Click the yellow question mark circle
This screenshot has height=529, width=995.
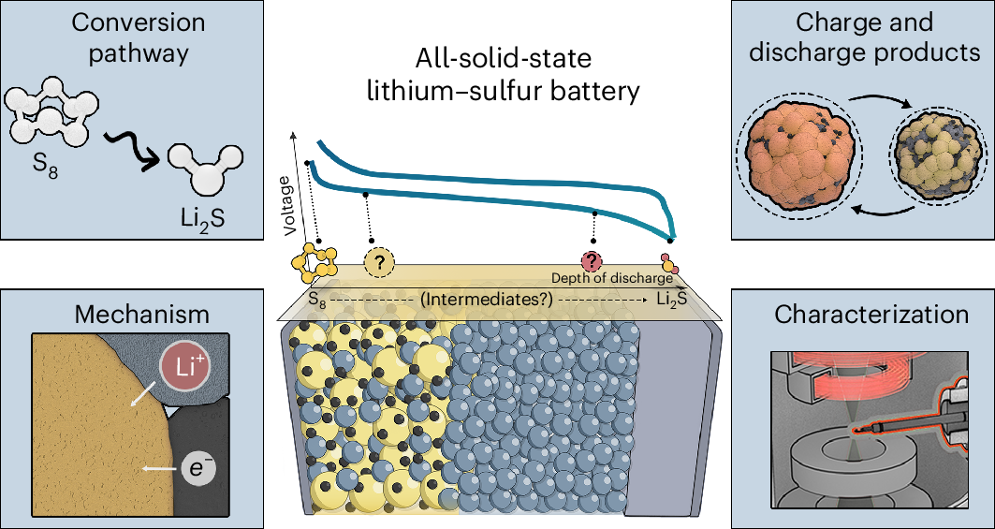pos(379,265)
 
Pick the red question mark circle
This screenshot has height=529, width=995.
pos(592,263)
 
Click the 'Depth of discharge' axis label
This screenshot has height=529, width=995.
pos(611,278)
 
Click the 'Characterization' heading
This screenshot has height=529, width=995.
pos(871,313)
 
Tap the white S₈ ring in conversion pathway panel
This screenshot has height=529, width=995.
pos(51,117)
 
